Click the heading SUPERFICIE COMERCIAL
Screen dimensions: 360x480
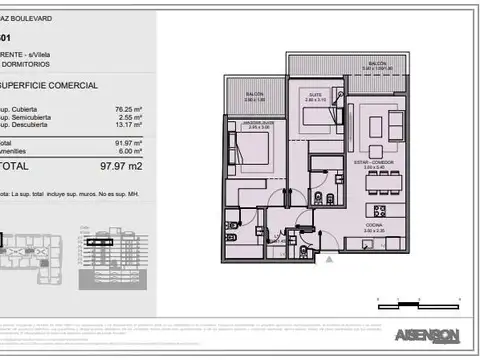click(x=50, y=86)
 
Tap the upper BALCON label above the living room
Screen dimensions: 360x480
click(x=376, y=62)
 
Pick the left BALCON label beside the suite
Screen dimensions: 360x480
click(x=254, y=96)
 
